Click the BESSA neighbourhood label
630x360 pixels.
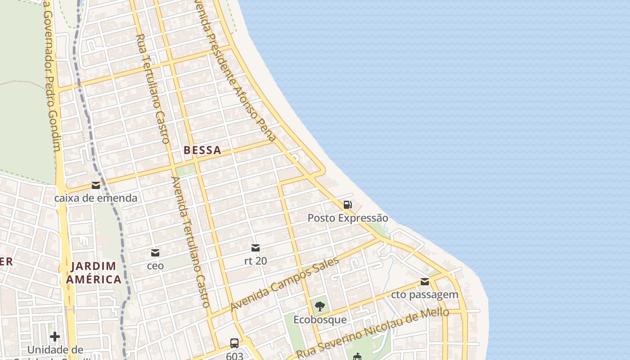click(x=202, y=150)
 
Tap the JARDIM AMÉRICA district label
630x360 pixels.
click(x=94, y=273)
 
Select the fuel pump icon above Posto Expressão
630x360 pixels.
click(x=347, y=205)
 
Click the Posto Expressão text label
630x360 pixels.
click(x=347, y=218)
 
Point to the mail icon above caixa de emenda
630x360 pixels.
click(x=96, y=185)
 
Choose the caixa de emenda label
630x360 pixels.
click(x=96, y=198)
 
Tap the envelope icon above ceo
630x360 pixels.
click(x=155, y=253)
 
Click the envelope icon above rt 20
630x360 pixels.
click(x=256, y=248)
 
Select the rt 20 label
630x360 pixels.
click(x=256, y=261)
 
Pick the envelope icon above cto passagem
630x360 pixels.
click(x=424, y=282)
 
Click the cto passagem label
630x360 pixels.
click(x=424, y=295)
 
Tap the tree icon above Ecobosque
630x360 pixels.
click(x=320, y=307)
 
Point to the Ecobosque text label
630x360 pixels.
click(x=320, y=320)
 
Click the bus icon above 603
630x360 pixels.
click(x=234, y=343)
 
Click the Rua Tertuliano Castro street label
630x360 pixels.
click(x=153, y=89)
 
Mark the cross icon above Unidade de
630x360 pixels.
click(x=55, y=337)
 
